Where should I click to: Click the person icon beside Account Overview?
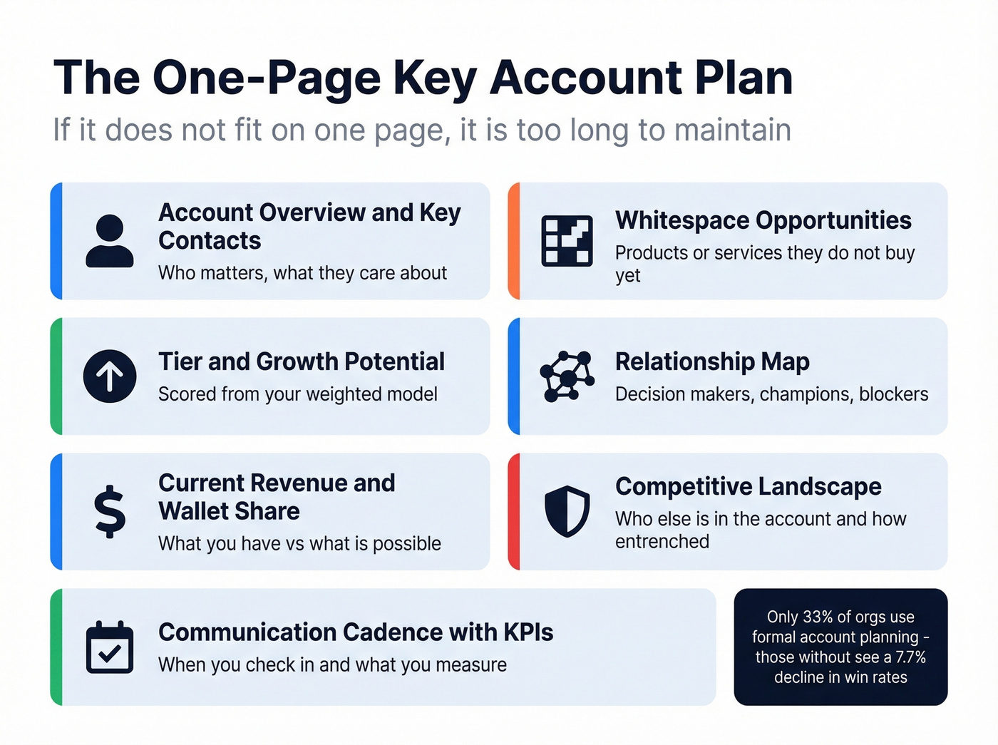(110, 241)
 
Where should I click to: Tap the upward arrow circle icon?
(110, 376)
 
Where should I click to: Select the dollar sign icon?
(110, 511)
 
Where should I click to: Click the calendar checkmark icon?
(110, 647)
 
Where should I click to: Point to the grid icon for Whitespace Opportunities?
(567, 241)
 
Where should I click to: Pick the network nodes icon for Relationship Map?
(567, 376)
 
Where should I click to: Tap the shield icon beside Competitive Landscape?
(567, 511)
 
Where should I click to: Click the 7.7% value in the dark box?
(910, 657)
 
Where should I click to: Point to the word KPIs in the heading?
(528, 632)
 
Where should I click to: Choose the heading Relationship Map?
(712, 361)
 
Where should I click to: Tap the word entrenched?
(662, 542)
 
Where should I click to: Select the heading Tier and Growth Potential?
(302, 361)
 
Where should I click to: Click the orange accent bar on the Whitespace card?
(514, 241)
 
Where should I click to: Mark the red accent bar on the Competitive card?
(514, 511)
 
